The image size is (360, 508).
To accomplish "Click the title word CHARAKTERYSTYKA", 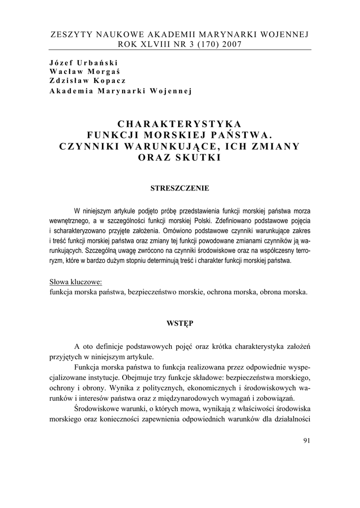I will (x=180, y=124).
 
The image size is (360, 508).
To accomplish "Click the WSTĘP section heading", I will (x=180, y=323).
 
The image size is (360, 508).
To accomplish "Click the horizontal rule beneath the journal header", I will (x=180, y=50).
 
